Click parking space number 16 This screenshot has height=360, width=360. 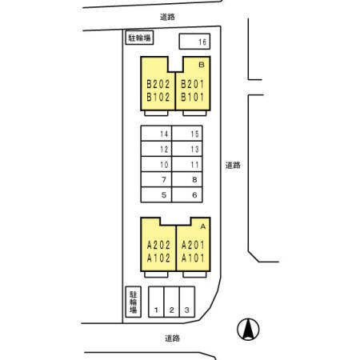(194, 42)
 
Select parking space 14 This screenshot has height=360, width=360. (156, 134)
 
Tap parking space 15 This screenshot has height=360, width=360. (187, 134)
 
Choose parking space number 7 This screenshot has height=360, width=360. (156, 179)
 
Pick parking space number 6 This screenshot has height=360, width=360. (187, 194)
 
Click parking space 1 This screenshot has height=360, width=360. (156, 302)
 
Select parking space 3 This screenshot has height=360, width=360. (187, 302)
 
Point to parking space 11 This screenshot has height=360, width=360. (187, 164)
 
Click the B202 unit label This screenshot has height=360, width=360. (158, 84)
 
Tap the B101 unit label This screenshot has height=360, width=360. (193, 97)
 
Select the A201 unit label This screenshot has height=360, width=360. (193, 245)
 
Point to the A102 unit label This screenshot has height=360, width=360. (158, 258)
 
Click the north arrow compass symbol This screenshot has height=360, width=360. (248, 330)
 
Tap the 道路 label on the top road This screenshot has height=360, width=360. (167, 17)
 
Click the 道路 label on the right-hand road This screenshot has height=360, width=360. (233, 166)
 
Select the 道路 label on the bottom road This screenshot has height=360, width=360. (172, 338)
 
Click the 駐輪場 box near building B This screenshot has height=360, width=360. (139, 38)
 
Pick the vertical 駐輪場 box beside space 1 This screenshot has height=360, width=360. (133, 302)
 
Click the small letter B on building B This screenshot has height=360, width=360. (202, 65)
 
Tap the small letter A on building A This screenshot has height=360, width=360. (203, 226)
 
